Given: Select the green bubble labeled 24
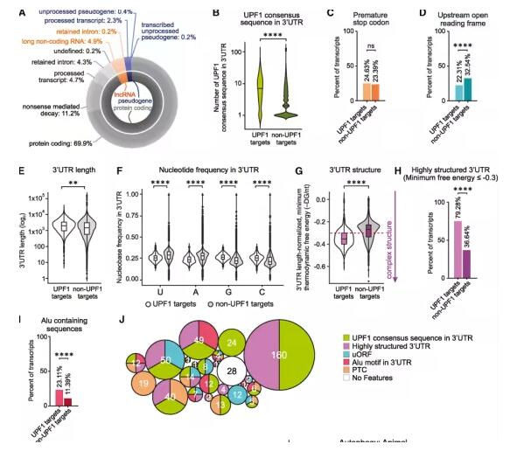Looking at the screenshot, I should coord(231,343).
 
